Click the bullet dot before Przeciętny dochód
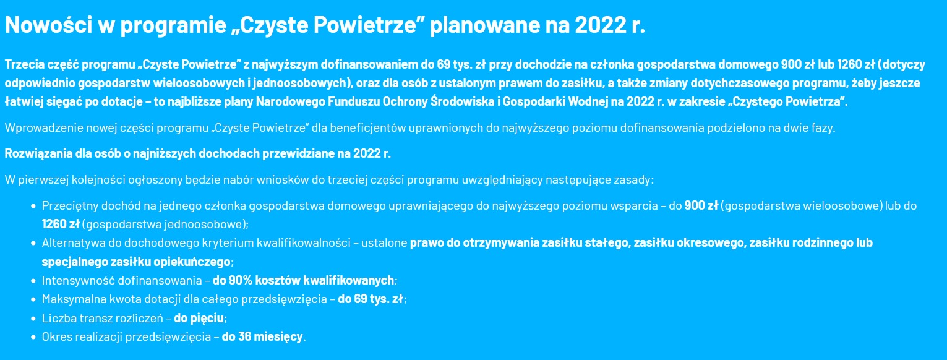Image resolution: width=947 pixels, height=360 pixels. pos(33,205)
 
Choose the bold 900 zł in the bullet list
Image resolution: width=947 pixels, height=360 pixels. pos(701,205)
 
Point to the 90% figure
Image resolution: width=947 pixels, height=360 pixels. pos(240,280)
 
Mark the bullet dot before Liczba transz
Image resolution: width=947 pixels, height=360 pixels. pos(33,318)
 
